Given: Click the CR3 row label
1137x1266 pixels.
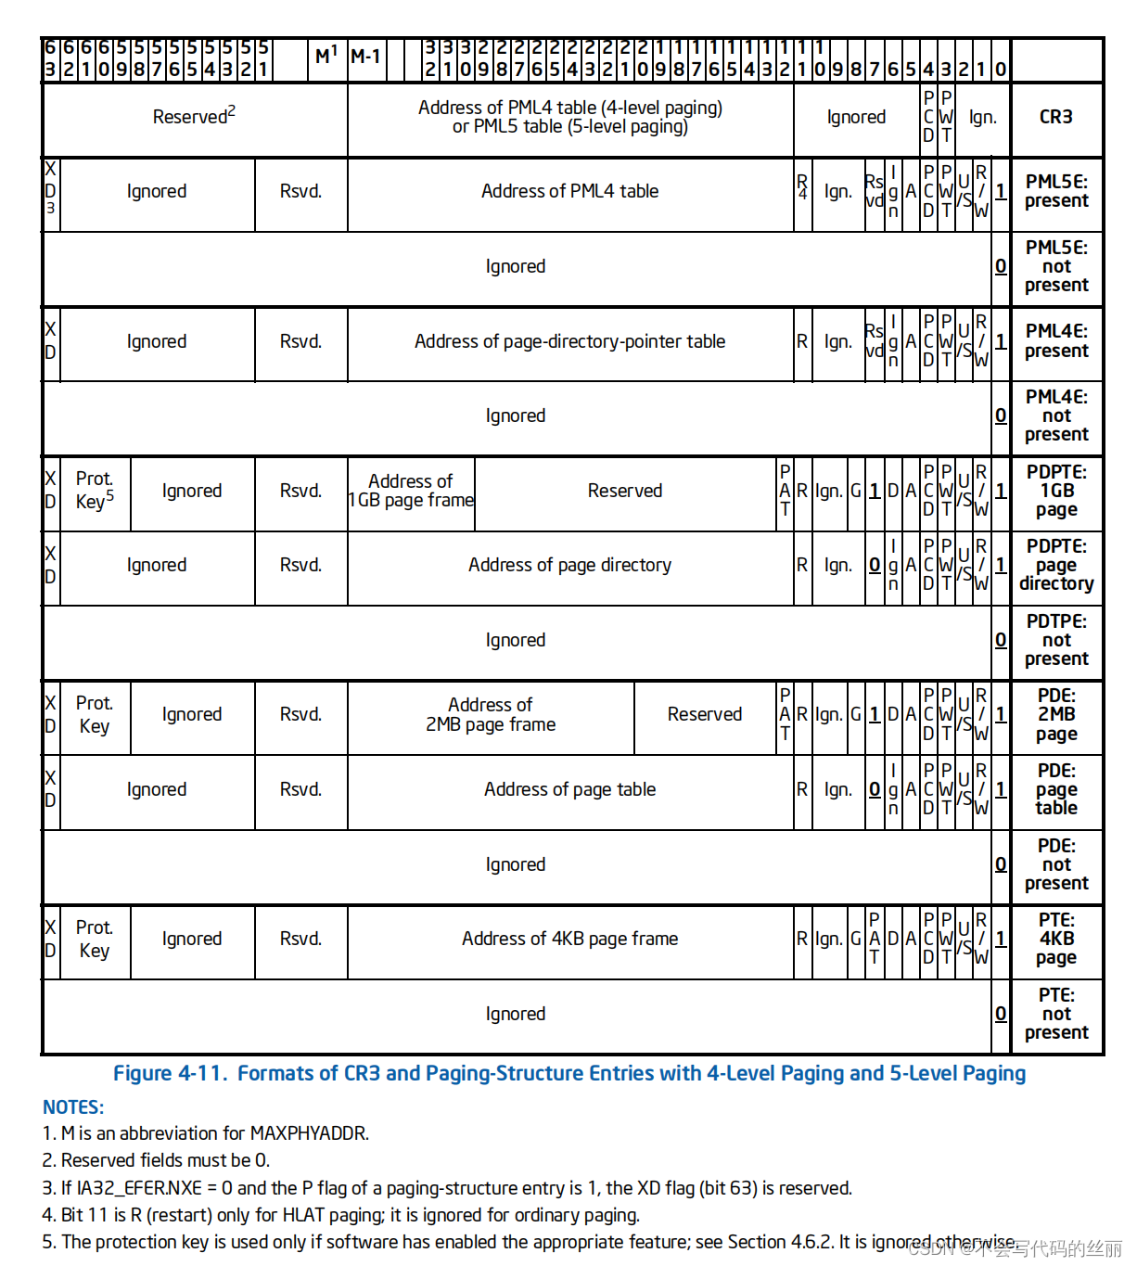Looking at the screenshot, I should click(1055, 118).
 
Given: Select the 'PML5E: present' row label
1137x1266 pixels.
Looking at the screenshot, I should click(1055, 192).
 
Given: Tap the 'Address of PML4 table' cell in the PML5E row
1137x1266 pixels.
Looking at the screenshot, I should click(569, 192).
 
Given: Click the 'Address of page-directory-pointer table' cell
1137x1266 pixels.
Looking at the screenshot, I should click(569, 342).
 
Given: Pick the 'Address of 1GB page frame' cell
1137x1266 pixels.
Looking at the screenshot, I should click(411, 492).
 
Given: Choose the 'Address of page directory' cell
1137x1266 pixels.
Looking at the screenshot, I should click(569, 566).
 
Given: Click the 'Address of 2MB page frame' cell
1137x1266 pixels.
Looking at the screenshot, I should click(491, 715).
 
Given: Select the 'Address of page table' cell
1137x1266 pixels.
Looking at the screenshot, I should click(569, 790).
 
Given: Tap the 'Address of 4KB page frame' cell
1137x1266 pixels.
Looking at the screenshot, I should click(569, 940).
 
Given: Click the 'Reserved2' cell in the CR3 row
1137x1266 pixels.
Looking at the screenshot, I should click(194, 117).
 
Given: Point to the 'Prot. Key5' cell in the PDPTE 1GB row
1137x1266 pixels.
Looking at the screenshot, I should click(95, 491).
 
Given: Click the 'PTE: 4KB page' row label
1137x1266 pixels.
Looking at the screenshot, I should click(1055, 939).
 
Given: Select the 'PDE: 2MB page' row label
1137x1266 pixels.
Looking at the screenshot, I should click(1055, 715).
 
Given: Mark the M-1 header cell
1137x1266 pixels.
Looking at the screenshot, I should click(365, 58).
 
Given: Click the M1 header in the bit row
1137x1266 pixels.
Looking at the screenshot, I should click(326, 57).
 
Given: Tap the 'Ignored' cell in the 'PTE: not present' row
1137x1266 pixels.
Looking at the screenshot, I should click(515, 1015).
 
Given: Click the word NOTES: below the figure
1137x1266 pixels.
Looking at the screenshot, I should click(73, 1107).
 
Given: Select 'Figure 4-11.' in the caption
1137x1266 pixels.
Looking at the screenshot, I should click(170, 1074).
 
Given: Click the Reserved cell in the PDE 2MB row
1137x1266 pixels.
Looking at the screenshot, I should click(704, 715).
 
